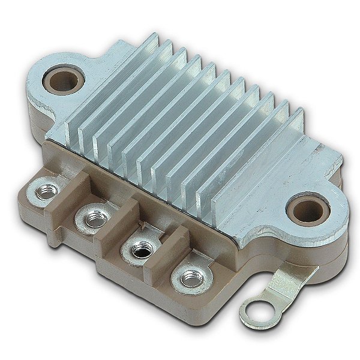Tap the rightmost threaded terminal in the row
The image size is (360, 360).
pos(191,278)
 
